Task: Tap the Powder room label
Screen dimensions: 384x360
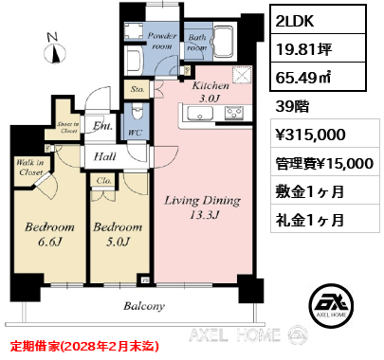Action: tap(162, 41)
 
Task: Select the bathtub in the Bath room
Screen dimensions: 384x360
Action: tap(224, 41)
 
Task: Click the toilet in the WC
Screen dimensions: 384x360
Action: tap(137, 112)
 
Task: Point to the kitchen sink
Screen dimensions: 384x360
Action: tap(200, 114)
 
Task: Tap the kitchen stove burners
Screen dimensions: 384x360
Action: tap(234, 113)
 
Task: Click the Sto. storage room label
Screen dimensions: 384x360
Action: tap(137, 89)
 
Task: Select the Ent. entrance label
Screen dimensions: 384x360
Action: tap(102, 126)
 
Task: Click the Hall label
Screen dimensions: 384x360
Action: tap(105, 156)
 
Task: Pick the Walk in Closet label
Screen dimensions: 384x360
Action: tap(29, 168)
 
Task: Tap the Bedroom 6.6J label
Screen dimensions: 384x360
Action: tap(49, 234)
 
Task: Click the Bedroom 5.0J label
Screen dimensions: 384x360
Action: tap(118, 234)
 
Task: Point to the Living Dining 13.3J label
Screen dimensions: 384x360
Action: tap(203, 207)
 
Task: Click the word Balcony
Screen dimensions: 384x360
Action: tap(144, 306)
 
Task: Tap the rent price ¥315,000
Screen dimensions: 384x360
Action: tap(311, 135)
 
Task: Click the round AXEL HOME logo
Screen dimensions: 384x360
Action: tap(331, 305)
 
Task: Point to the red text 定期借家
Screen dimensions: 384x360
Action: tap(34, 347)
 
